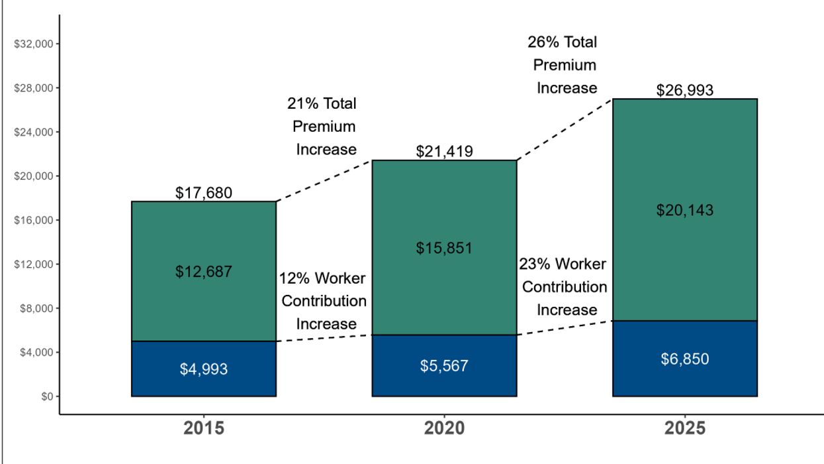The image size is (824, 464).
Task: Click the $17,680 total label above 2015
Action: click(204, 193)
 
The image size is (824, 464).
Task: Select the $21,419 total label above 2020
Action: click(444, 152)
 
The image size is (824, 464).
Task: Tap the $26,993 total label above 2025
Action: click(685, 91)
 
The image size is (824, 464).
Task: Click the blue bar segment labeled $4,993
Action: click(204, 369)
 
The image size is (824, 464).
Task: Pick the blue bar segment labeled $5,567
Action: click(444, 366)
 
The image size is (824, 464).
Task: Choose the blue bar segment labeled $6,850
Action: click(685, 359)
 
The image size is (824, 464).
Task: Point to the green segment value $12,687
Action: click(204, 271)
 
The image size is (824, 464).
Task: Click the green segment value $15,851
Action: click(444, 248)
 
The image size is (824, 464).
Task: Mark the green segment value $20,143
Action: click(685, 210)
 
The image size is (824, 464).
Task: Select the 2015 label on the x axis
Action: click(204, 428)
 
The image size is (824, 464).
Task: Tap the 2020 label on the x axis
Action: click(444, 428)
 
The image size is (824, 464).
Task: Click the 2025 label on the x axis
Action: click(685, 428)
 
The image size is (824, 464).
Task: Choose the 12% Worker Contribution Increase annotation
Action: click(324, 301)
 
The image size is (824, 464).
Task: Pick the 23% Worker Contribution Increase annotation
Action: click(564, 287)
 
